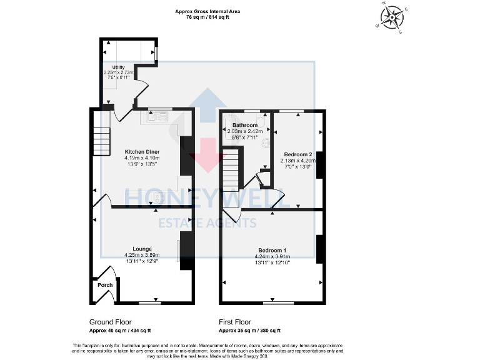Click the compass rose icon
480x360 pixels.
point(393,17)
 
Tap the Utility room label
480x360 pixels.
point(119,67)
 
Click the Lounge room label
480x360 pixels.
point(142,248)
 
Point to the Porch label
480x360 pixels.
point(104,285)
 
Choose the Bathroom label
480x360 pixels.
point(245,125)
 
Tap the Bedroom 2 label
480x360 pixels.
point(297,154)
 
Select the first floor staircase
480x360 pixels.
point(232,166)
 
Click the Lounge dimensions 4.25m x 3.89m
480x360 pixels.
point(142,255)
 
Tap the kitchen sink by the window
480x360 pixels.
point(158,115)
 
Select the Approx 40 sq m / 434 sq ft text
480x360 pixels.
point(120,330)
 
